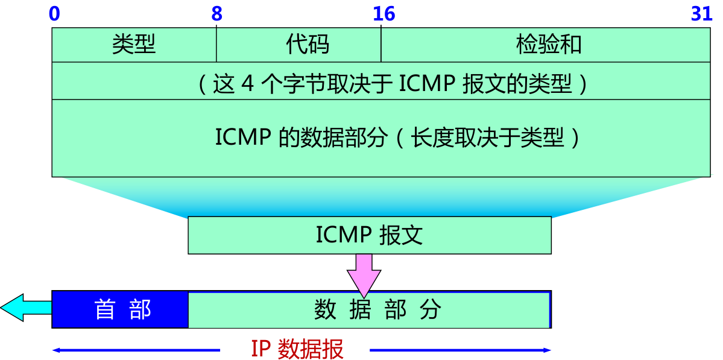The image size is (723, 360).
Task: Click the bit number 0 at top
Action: click(x=54, y=13)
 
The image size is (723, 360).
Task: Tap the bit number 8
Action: click(x=217, y=13)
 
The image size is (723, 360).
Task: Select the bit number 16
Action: click(x=384, y=13)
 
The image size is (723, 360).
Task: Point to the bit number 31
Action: click(x=702, y=13)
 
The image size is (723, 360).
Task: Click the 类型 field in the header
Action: click(x=133, y=45)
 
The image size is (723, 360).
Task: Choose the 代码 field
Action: click(x=308, y=45)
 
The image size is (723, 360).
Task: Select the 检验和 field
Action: click(x=549, y=45)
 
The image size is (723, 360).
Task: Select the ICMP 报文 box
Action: click(x=369, y=235)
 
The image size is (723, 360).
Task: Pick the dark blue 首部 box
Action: click(x=121, y=309)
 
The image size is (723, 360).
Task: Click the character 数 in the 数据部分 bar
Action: click(x=325, y=309)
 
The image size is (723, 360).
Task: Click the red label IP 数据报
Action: click(x=297, y=349)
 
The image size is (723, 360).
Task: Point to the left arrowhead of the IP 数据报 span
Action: click(x=56, y=350)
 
